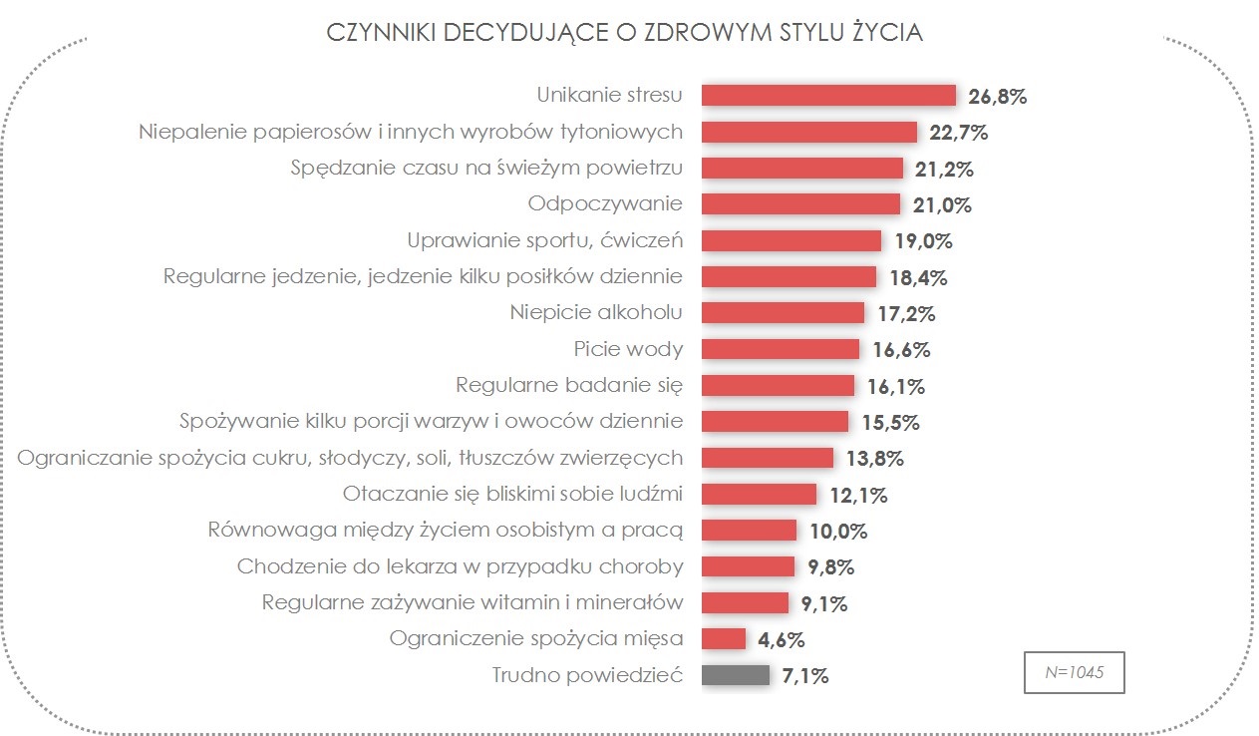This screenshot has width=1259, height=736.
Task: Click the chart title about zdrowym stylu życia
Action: pyautogui.click(x=625, y=33)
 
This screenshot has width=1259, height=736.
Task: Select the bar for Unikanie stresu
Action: pyautogui.click(x=828, y=95)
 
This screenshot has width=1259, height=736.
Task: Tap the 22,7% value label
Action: pyautogui.click(x=957, y=133)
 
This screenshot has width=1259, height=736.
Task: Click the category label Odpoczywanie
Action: pyautogui.click(x=605, y=203)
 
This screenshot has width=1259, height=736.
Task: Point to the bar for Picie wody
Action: pyautogui.click(x=780, y=349)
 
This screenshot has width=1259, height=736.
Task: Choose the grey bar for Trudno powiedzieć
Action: pyautogui.click(x=736, y=675)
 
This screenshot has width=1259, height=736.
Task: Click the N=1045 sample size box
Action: pyautogui.click(x=1076, y=673)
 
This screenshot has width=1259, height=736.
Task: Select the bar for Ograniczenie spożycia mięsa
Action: pyautogui.click(x=724, y=639)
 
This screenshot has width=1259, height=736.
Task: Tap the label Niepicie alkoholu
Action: pyautogui.click(x=596, y=312)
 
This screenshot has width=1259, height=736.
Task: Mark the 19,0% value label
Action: pyautogui.click(x=922, y=241)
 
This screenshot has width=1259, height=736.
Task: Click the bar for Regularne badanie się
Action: pyautogui.click(x=778, y=385)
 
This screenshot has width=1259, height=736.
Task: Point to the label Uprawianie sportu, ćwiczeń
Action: pyautogui.click(x=544, y=240)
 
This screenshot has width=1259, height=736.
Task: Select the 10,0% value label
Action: pyautogui.click(x=837, y=531)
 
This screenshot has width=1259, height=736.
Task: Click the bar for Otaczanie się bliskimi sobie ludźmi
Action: pyautogui.click(x=759, y=494)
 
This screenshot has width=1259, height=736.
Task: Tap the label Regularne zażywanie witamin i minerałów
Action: pyautogui.click(x=472, y=602)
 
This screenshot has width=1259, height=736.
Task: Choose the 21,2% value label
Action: pyautogui.click(x=943, y=169)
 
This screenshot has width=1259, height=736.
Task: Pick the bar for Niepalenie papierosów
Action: pyautogui.click(x=808, y=132)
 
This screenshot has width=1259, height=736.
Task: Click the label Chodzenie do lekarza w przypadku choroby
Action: pyautogui.click(x=460, y=566)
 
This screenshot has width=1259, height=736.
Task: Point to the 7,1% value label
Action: pyautogui.click(x=804, y=676)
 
